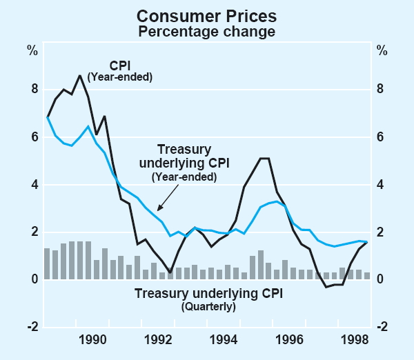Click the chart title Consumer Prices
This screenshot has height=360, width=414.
[x=206, y=14]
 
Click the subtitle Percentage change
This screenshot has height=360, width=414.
[x=206, y=31]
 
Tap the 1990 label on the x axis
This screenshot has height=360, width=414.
[x=93, y=339]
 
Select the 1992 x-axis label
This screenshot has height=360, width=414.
[x=159, y=339]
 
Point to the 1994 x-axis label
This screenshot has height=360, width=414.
[x=224, y=339]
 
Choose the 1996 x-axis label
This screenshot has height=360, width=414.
[x=290, y=339]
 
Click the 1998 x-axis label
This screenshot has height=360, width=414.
[x=356, y=339]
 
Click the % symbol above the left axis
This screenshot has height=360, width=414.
[x=32, y=50]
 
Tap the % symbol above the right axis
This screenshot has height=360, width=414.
[x=382, y=50]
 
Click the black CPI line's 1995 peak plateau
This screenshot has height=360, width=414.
[x=264, y=159]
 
